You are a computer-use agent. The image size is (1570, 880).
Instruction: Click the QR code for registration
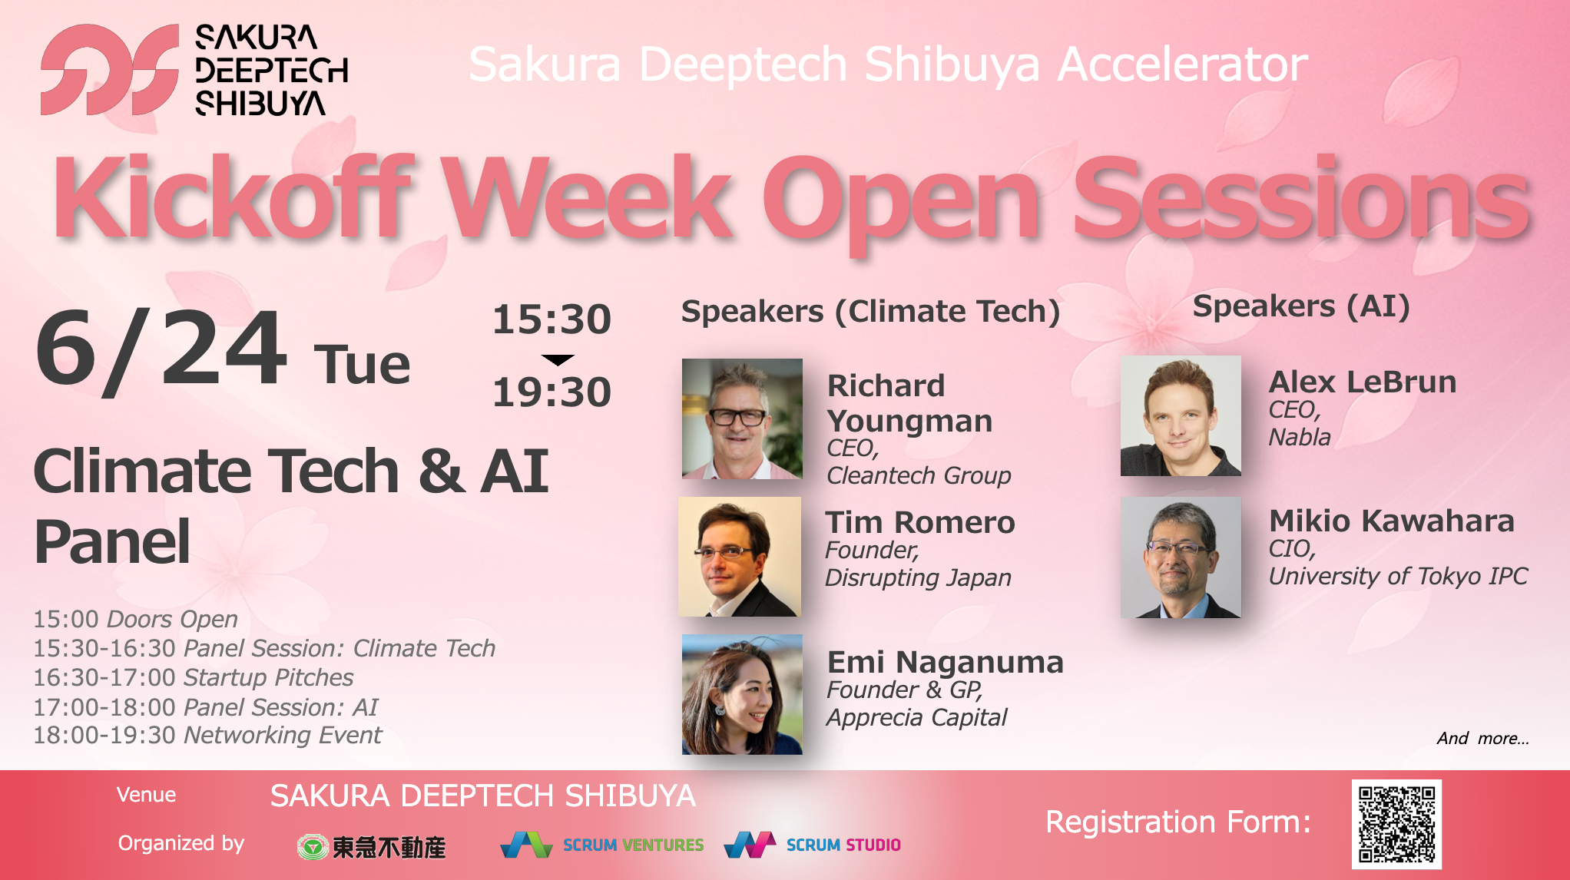(1396, 824)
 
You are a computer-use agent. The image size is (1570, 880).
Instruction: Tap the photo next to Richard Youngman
(742, 418)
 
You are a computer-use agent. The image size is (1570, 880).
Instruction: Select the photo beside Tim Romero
(740, 557)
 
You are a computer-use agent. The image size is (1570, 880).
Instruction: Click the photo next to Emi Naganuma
(742, 694)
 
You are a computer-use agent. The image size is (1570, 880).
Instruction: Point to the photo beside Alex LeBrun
(1181, 415)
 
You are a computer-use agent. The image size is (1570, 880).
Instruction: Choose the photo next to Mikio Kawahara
(1181, 557)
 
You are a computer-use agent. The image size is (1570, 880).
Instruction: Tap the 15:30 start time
(551, 319)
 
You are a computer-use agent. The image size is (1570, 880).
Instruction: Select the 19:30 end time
(551, 392)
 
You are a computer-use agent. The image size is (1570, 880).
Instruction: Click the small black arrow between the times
(558, 359)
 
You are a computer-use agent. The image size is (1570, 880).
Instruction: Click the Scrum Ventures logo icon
(526, 845)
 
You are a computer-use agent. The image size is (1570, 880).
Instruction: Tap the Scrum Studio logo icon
(750, 845)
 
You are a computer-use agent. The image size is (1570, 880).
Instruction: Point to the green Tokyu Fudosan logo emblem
(313, 847)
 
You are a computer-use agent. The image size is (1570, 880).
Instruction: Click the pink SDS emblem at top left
(110, 70)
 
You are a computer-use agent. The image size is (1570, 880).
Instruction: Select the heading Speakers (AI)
(1301, 306)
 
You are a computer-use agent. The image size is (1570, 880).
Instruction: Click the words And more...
(1483, 738)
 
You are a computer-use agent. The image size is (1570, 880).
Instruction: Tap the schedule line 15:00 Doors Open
(135, 619)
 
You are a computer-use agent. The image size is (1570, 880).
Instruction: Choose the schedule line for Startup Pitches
(193, 677)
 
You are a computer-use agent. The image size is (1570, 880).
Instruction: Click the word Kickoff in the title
(234, 197)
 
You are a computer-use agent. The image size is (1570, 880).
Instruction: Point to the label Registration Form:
(1178, 822)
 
